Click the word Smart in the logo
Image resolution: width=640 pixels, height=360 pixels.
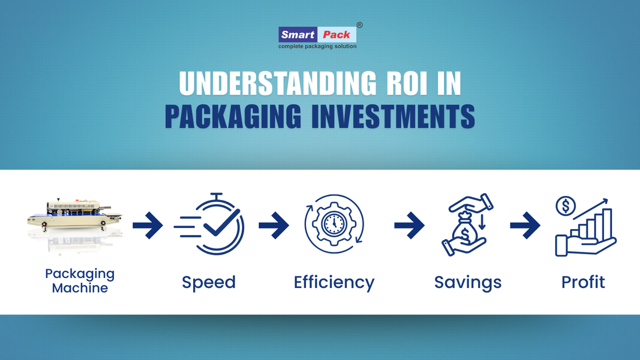point(298,34)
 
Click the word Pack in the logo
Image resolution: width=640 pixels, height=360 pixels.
point(337,34)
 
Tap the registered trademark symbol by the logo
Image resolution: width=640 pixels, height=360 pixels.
point(360,25)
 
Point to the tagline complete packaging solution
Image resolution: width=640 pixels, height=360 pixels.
point(317,46)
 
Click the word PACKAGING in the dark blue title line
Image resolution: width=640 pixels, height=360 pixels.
point(233,116)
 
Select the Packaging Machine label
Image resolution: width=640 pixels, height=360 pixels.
point(80,280)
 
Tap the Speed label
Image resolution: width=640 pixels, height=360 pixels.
point(209,282)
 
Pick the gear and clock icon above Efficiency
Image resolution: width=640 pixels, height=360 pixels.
point(334,224)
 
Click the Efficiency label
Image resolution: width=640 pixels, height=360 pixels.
point(334,282)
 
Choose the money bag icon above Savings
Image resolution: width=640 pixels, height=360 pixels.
point(467,226)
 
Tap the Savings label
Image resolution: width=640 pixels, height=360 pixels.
point(468,282)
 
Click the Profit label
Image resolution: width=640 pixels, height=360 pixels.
point(583,282)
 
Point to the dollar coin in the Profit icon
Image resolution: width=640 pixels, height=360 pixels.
point(566,206)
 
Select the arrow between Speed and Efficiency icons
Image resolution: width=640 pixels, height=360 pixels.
point(273,225)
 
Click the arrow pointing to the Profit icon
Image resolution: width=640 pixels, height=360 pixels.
point(525,225)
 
